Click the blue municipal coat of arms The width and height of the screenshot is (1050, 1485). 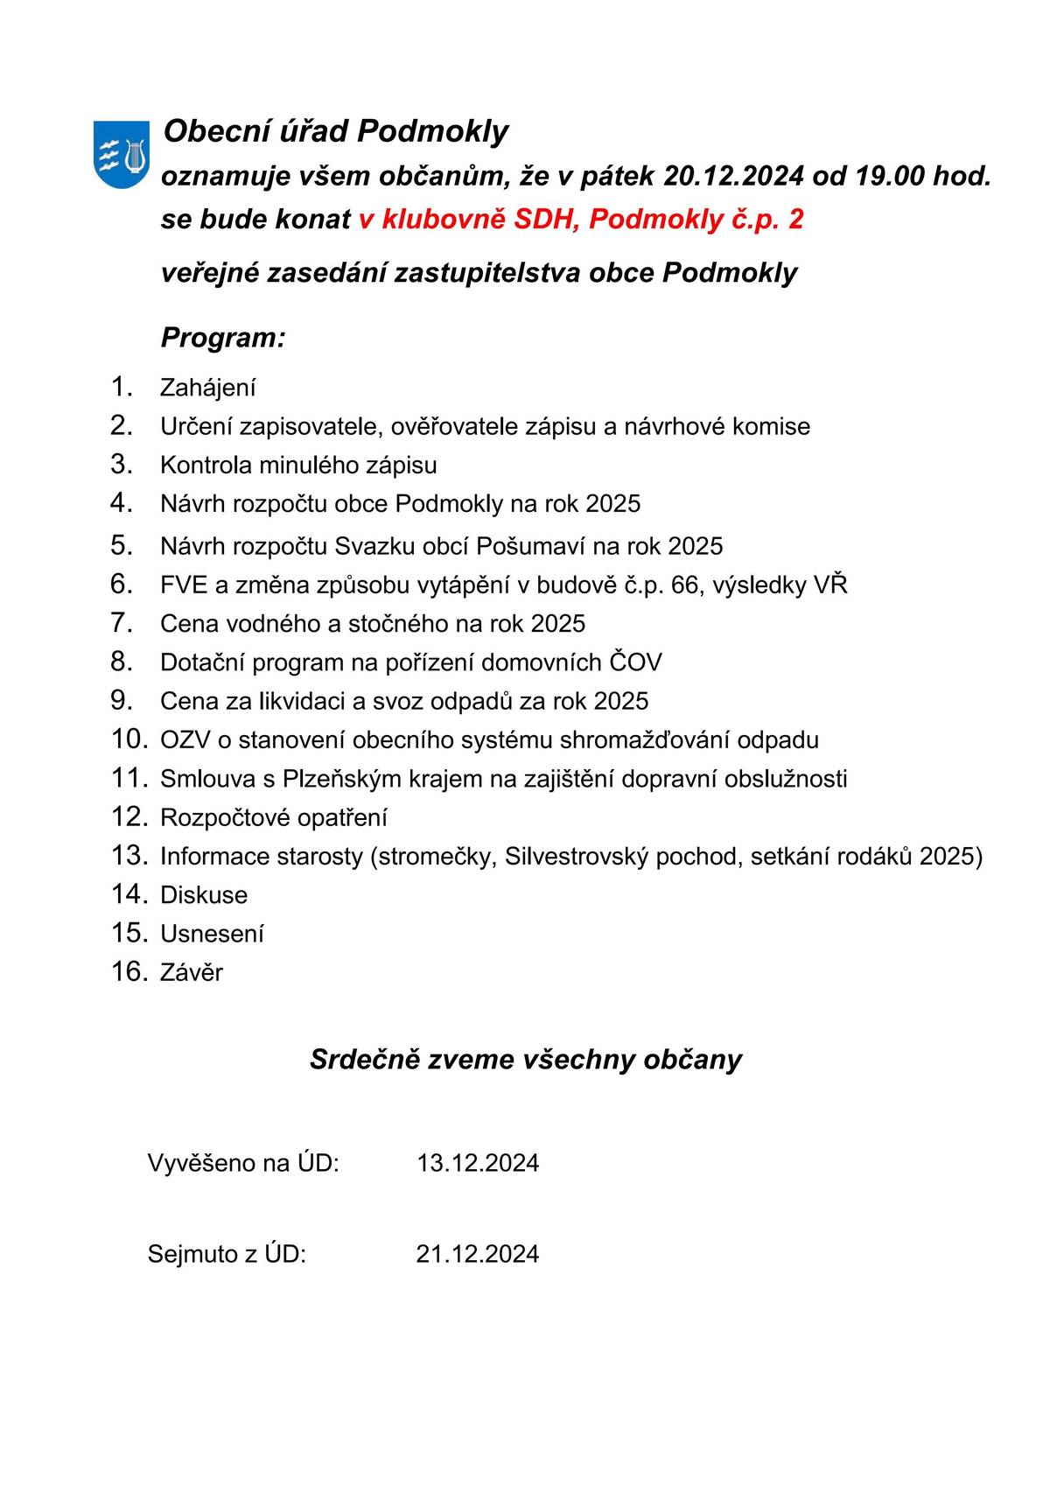click(121, 155)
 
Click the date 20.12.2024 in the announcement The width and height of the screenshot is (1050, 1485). click(733, 176)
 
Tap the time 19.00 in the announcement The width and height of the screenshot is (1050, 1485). click(892, 176)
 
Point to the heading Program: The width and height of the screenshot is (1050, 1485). click(223, 338)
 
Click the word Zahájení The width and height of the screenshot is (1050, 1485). click(207, 388)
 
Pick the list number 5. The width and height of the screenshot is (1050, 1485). click(121, 545)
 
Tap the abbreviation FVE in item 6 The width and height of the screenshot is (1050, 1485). click(182, 585)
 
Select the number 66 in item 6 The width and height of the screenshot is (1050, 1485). click(685, 585)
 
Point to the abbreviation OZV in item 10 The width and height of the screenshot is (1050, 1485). click(184, 740)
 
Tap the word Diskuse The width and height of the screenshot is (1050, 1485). click(204, 895)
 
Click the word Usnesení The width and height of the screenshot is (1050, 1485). click(212, 934)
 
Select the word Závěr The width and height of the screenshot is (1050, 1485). click(192, 972)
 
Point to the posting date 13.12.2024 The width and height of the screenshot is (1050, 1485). click(478, 1164)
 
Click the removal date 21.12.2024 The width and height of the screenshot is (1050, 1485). click(478, 1255)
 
